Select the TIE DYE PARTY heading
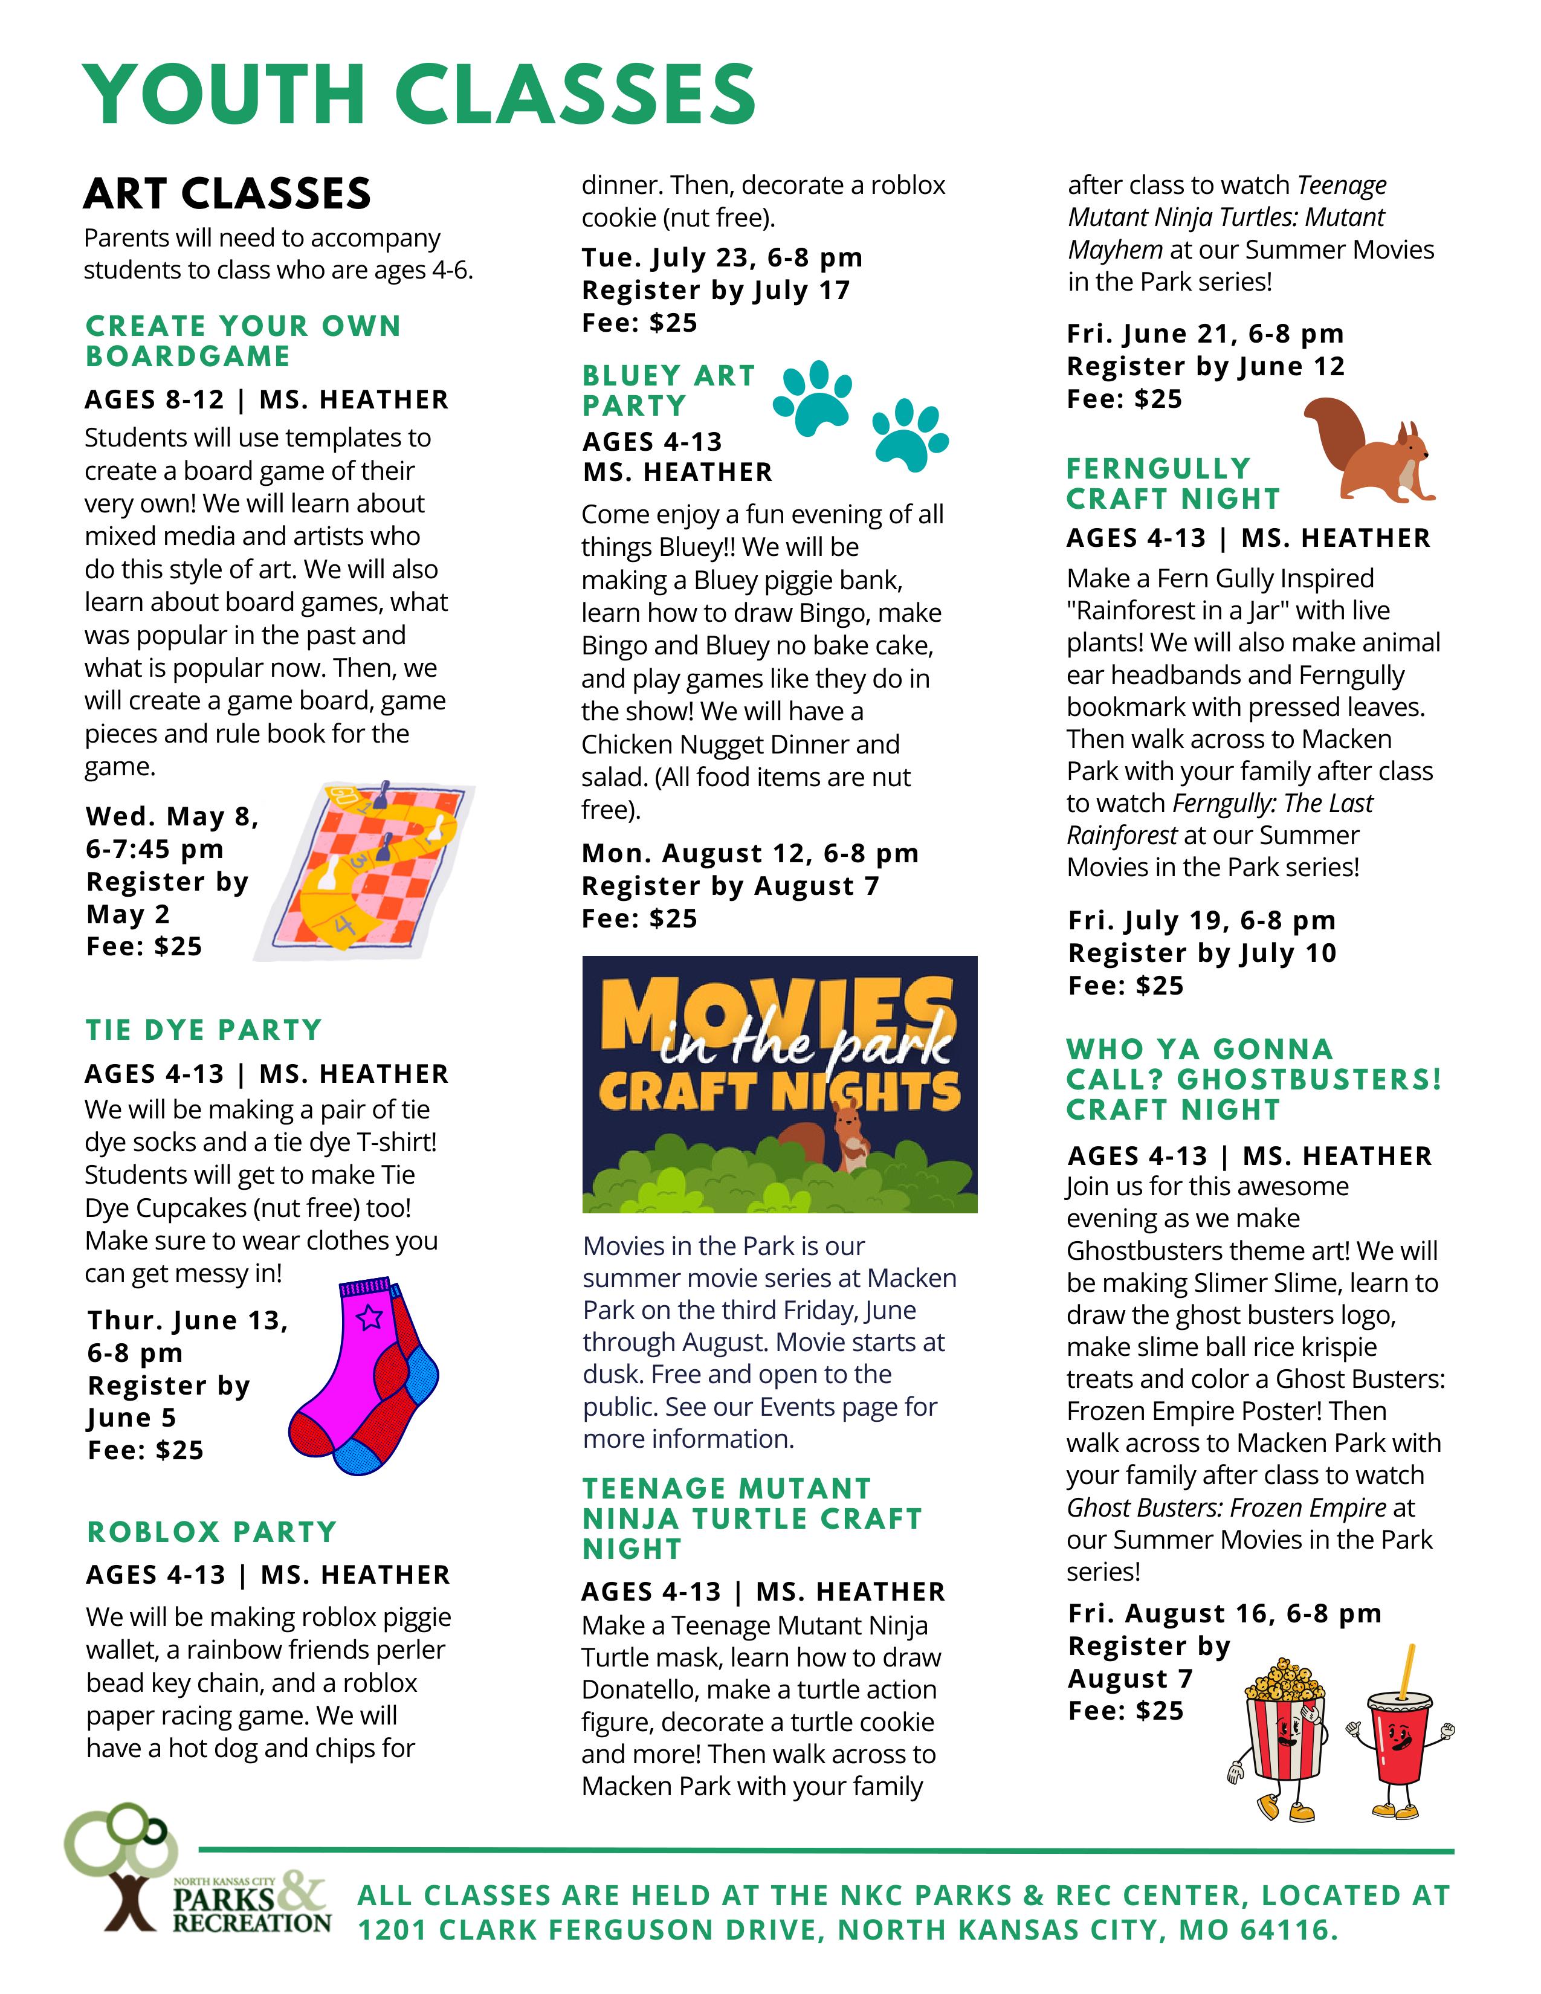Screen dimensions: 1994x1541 [204, 1030]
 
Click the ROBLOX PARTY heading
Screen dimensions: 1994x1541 [212, 1532]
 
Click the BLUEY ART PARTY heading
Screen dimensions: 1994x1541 [669, 390]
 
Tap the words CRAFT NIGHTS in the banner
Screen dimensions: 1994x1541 [779, 1092]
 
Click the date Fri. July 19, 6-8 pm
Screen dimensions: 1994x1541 [1201, 920]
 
